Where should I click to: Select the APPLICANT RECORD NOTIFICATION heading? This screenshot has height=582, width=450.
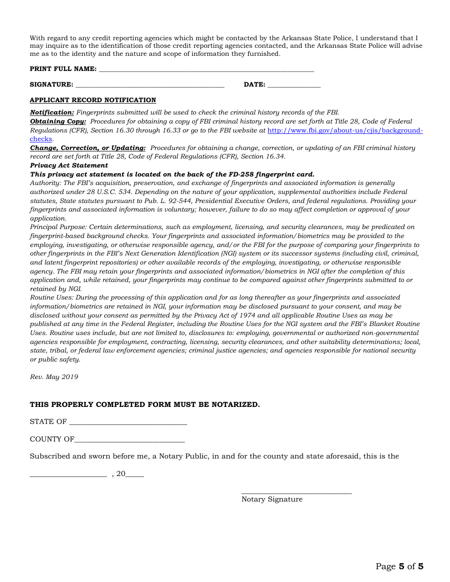pos(93,100)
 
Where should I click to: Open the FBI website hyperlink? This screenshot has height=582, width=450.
pos(345,131)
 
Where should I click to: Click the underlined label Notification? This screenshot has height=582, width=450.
pos(52,113)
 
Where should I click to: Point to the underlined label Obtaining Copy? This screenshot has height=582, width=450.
pos(58,122)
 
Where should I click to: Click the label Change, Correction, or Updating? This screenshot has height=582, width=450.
pos(88,148)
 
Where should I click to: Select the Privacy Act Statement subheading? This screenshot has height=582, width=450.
pos(69,166)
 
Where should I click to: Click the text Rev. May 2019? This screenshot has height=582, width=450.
pos(54,377)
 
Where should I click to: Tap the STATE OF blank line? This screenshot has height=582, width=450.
pos(128,422)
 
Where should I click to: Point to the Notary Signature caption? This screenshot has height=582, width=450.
pos(272,499)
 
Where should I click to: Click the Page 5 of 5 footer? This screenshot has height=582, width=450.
pos(399,566)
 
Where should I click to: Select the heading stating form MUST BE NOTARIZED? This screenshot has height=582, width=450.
pos(145,405)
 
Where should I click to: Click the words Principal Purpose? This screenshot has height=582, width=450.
pos(58,227)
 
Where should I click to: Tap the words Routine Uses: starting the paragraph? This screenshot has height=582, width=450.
pos(52,298)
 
